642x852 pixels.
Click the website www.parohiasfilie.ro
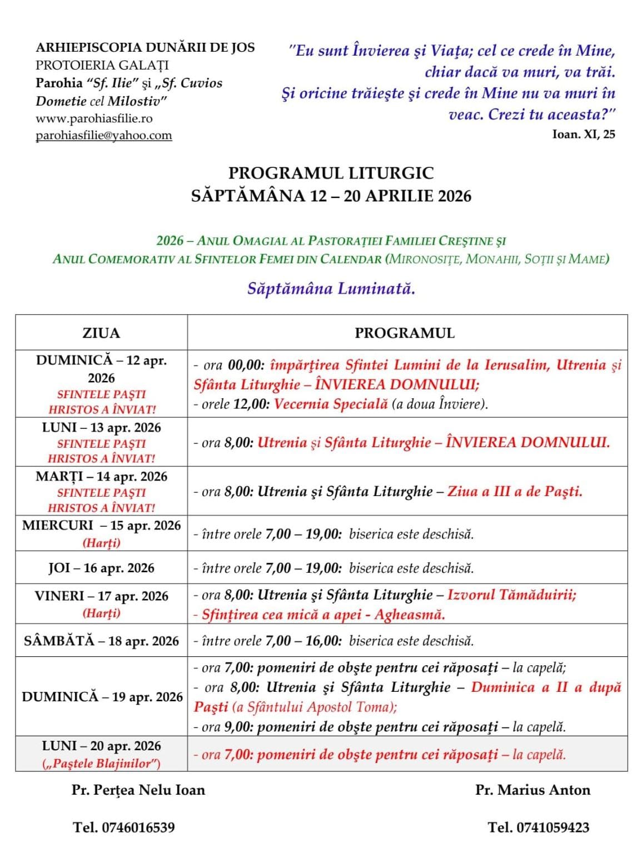(x=94, y=118)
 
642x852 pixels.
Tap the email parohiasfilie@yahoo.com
(x=104, y=135)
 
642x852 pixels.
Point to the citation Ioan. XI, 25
(x=584, y=134)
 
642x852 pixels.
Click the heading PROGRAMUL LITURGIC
(x=331, y=173)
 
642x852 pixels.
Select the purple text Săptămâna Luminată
(x=331, y=289)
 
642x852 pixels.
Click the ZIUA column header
(x=101, y=333)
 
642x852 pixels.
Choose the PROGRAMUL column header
(x=405, y=333)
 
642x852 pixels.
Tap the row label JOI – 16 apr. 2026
(x=101, y=568)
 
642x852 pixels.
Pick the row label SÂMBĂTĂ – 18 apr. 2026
(x=101, y=641)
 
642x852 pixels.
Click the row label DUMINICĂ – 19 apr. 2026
(x=102, y=697)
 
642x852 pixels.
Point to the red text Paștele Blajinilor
(x=101, y=764)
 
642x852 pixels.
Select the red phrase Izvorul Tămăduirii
(x=511, y=595)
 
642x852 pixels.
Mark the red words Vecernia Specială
(x=331, y=404)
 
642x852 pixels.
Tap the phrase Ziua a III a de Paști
(x=515, y=491)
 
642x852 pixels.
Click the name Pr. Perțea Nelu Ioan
(x=138, y=790)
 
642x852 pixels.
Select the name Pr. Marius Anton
(x=532, y=790)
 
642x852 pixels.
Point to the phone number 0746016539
(x=138, y=828)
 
